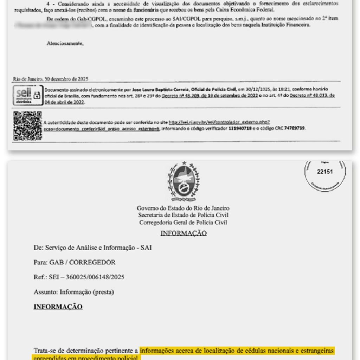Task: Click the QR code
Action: coord(27,126)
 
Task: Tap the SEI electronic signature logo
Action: coord(27,95)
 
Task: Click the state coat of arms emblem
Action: coord(183,181)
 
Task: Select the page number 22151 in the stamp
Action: coord(324,172)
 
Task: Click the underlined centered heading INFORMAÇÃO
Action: coord(183,233)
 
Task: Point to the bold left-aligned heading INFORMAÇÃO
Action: coord(58,307)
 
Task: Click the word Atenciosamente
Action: coord(65,44)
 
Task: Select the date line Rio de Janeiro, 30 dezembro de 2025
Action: coord(51,79)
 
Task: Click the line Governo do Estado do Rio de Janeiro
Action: coord(183,208)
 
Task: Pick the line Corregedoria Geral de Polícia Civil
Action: coord(183,222)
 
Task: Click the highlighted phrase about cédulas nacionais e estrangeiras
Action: coord(237,351)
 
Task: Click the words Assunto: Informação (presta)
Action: coord(74,292)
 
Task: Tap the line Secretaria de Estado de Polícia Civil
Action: coord(183,215)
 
